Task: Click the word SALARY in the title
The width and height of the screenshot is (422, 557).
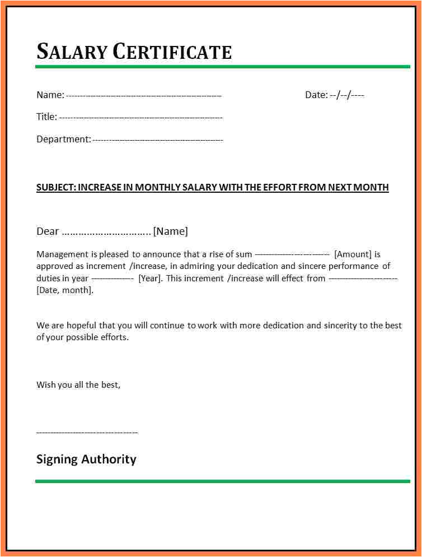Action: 71,52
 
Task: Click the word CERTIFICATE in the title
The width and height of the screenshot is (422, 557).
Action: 172,52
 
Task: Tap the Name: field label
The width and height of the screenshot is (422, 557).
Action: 50,95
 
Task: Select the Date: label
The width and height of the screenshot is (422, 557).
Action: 316,95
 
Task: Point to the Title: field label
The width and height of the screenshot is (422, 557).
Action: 46,117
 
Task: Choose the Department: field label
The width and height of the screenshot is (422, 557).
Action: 63,139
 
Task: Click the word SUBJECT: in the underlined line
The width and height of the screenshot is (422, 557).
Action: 56,187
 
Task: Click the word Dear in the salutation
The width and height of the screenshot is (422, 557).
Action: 48,231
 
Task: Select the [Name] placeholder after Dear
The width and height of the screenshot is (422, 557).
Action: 171,231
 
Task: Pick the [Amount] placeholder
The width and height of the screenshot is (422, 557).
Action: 353,254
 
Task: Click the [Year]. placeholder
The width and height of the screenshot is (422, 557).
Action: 150,278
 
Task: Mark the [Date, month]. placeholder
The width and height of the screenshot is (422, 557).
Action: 65,290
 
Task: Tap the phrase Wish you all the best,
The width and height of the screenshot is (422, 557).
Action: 78,385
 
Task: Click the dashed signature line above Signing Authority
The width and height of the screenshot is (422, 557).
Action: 87,433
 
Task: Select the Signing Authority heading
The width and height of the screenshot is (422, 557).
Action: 86,459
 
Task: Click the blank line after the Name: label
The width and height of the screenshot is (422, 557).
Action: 144,96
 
